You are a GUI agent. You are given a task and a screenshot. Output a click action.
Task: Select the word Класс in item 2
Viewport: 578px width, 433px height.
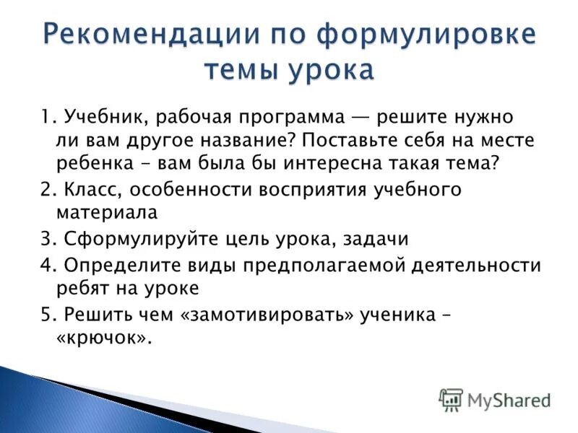[90, 191]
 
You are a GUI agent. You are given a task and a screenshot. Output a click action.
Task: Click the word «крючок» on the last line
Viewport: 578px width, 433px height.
[104, 338]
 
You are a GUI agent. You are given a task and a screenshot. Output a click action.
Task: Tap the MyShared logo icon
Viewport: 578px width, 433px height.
[451, 398]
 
